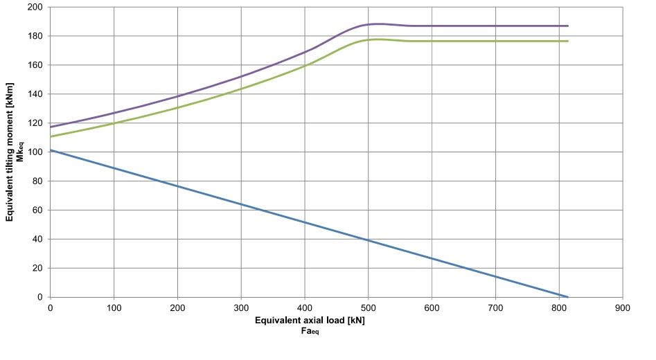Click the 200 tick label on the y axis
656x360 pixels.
(35, 7)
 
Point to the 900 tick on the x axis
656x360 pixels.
(623, 308)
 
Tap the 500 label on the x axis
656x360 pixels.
(368, 308)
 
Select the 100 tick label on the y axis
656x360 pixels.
(35, 152)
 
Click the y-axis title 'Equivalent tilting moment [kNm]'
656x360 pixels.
(9, 152)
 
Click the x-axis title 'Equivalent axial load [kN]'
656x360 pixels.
(310, 321)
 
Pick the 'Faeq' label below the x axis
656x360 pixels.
(310, 331)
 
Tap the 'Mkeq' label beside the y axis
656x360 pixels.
(19, 152)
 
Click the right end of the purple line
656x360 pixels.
(568, 26)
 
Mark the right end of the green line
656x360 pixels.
(568, 41)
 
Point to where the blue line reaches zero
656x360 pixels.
(568, 297)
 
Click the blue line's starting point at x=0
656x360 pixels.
(51, 150)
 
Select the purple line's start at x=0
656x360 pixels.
(51, 127)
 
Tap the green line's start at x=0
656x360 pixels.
(51, 136)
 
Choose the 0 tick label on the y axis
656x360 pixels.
(40, 297)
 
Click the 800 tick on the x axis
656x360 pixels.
(559, 308)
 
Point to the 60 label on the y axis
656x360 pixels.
(37, 210)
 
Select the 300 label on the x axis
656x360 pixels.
(241, 308)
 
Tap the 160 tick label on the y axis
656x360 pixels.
(35, 65)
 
